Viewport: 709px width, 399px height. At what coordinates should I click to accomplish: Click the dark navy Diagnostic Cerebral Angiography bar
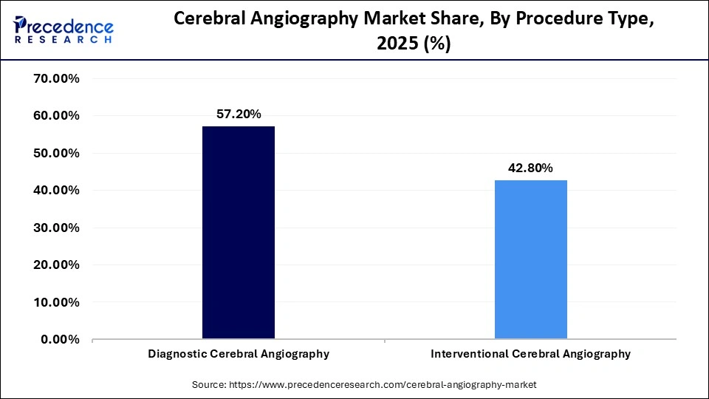pos(239,233)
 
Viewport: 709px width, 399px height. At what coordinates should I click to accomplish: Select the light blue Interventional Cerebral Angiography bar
pos(530,259)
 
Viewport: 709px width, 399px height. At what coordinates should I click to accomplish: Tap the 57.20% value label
pos(238,115)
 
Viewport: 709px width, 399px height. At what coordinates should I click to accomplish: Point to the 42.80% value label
pos(530,168)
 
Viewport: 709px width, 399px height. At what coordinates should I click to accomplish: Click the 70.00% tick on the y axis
pos(57,78)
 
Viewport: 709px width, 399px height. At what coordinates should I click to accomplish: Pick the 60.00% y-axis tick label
pos(57,116)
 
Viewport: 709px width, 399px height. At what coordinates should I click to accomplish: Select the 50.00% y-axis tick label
pos(57,153)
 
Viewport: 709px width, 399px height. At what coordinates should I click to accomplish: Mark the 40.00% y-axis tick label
pos(57,191)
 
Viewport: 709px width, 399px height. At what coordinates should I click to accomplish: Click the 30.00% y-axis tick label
pos(57,228)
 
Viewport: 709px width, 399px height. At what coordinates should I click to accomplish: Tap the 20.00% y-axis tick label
pos(57,265)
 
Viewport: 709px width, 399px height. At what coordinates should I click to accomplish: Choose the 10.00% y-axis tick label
pos(57,302)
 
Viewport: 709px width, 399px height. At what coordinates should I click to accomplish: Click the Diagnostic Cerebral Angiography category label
pos(239,354)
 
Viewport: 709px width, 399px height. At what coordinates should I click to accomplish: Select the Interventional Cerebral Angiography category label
pos(530,354)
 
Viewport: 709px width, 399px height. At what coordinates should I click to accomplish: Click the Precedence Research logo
pos(64,30)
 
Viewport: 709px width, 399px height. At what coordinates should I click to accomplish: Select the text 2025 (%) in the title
pos(414,44)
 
